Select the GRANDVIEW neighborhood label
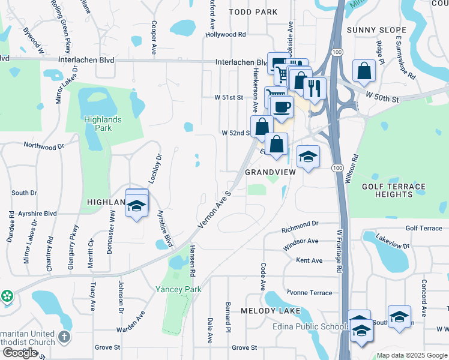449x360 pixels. click(x=271, y=172)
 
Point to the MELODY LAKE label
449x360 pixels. click(x=267, y=311)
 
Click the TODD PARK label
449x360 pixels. click(x=254, y=12)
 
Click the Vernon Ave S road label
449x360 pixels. click(x=215, y=210)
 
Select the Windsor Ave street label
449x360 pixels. click(x=301, y=241)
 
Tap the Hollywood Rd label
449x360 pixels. click(x=226, y=34)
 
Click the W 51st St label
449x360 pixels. click(x=229, y=97)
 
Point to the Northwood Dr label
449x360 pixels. click(x=43, y=146)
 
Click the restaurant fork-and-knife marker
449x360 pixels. click(x=315, y=88)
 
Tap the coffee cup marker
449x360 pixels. click(x=282, y=107)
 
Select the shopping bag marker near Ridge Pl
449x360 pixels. click(x=364, y=71)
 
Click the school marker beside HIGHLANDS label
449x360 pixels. click(x=137, y=205)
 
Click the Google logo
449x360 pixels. click(x=20, y=353)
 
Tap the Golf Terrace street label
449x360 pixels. click(x=423, y=228)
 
